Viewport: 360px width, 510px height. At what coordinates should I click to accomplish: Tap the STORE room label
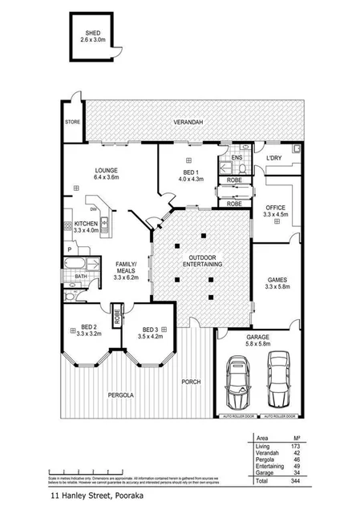[x=72, y=123]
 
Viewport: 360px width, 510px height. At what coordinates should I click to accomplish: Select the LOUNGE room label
[x=106, y=170]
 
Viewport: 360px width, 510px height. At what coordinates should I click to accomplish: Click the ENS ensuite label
[x=237, y=157]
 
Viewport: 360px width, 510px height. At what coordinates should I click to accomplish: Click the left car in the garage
[x=237, y=382]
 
